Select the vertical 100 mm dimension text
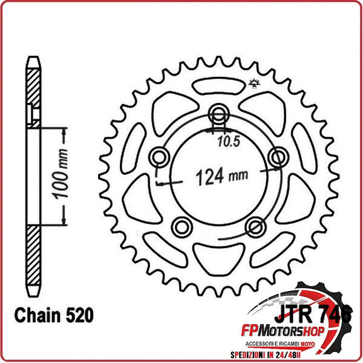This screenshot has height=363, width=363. (59, 175)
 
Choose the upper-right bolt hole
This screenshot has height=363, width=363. (278, 158)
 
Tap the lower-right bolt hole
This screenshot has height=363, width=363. (255, 227)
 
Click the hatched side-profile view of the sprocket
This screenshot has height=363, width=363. (33, 175)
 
